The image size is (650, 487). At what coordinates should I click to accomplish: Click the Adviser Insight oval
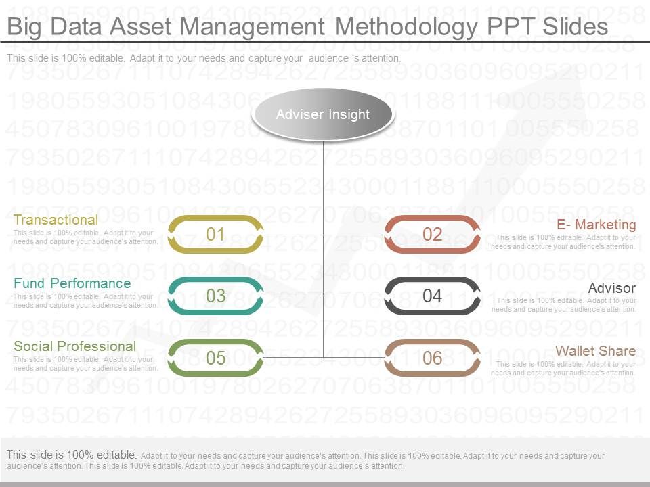click(322, 114)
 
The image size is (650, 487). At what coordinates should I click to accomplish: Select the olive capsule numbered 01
click(215, 235)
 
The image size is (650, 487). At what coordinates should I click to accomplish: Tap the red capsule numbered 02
click(432, 235)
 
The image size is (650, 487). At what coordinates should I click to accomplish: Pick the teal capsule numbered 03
click(215, 296)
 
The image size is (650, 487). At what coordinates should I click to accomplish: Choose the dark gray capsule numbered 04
click(432, 296)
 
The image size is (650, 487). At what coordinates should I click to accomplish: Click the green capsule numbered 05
click(215, 358)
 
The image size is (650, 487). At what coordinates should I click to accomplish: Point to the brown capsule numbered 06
click(432, 358)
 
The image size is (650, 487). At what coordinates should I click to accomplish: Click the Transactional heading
click(56, 220)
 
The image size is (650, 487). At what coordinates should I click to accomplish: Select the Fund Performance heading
click(72, 283)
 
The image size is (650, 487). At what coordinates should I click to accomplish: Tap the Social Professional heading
click(74, 346)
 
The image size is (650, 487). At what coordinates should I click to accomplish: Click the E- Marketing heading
click(596, 225)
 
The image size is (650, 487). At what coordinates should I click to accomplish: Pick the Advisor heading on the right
click(611, 289)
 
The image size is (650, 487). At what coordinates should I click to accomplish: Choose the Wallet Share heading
click(595, 351)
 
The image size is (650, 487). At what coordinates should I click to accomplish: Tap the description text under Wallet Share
click(563, 369)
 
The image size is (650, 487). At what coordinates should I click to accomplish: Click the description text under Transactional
click(85, 237)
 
